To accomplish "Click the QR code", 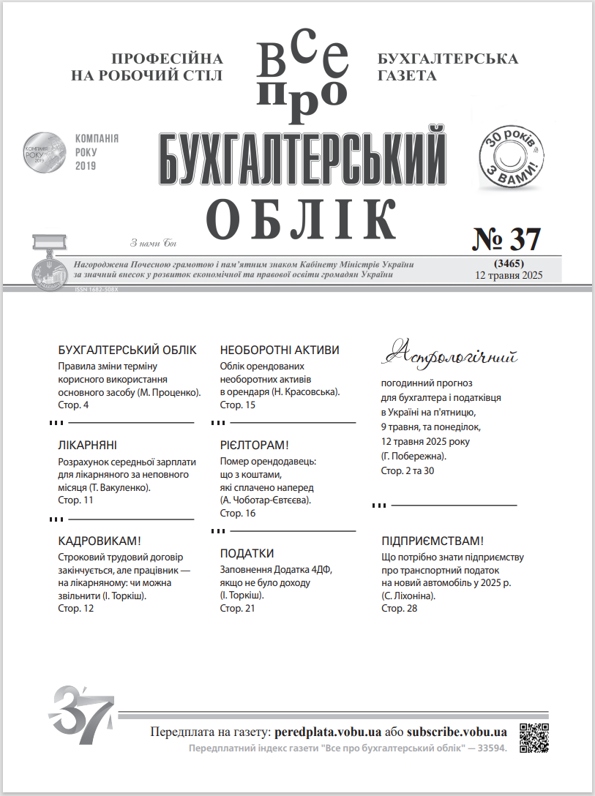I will click(x=534, y=737).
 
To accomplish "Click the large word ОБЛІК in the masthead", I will click(x=302, y=218).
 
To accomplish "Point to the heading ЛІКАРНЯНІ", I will click(x=87, y=446).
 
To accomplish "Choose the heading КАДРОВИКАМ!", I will click(x=99, y=541).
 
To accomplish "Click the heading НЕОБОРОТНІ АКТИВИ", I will click(x=280, y=350).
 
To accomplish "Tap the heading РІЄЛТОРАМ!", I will click(x=255, y=446).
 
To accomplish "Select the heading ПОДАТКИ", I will click(x=247, y=553).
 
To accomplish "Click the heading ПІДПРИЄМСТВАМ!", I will click(x=433, y=541).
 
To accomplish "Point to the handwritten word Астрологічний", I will click(x=450, y=355).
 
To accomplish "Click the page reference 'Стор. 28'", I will click(x=399, y=609).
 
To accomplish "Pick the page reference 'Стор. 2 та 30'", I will click(x=408, y=470).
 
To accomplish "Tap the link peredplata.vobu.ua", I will click(x=328, y=732).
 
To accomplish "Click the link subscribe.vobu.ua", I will click(x=457, y=732).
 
